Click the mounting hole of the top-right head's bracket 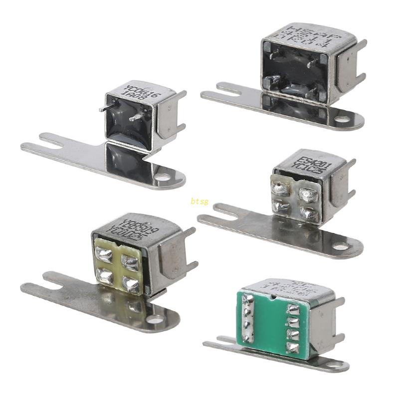[342, 120]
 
